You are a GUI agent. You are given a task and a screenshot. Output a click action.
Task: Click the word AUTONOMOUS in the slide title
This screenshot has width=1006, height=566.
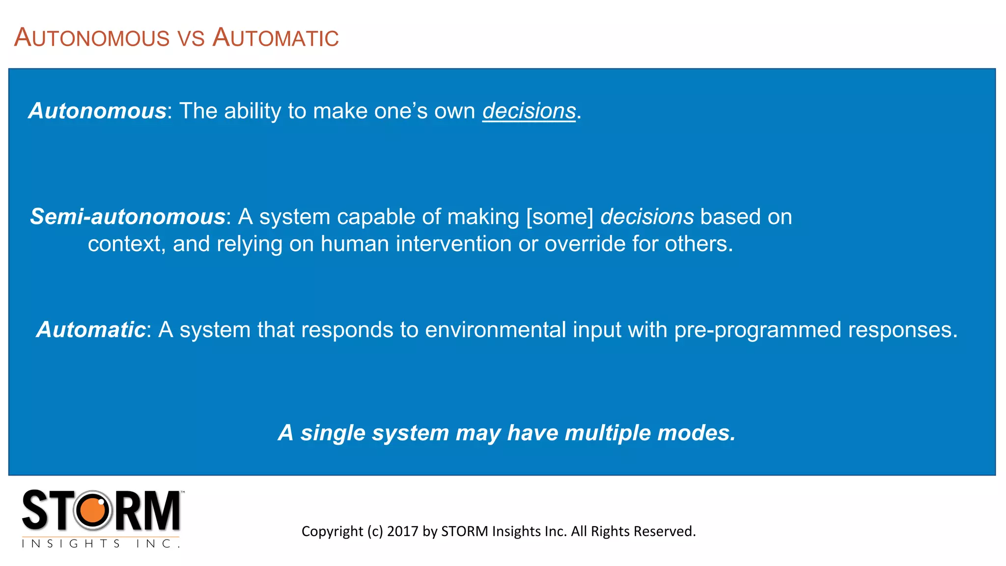pos(92,38)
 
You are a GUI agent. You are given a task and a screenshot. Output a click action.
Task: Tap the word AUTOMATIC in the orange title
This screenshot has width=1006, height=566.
pos(275,38)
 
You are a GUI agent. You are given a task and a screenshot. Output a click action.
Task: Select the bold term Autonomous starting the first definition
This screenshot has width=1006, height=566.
pos(97,111)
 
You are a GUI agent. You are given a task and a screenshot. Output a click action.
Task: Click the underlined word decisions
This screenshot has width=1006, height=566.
pos(529,111)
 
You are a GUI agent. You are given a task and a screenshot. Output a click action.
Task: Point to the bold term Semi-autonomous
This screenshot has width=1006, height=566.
pos(128,217)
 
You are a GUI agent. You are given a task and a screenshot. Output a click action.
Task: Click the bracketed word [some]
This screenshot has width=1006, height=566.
pos(560,217)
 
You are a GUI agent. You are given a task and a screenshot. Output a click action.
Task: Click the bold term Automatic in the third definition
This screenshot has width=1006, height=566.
pos(91,330)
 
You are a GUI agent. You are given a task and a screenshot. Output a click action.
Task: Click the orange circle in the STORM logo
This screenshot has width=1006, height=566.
pos(93,510)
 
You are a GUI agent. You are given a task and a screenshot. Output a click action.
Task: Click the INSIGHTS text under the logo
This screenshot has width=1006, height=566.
pos(71,543)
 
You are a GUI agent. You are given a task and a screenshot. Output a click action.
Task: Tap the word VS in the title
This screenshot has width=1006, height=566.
pos(191,39)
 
